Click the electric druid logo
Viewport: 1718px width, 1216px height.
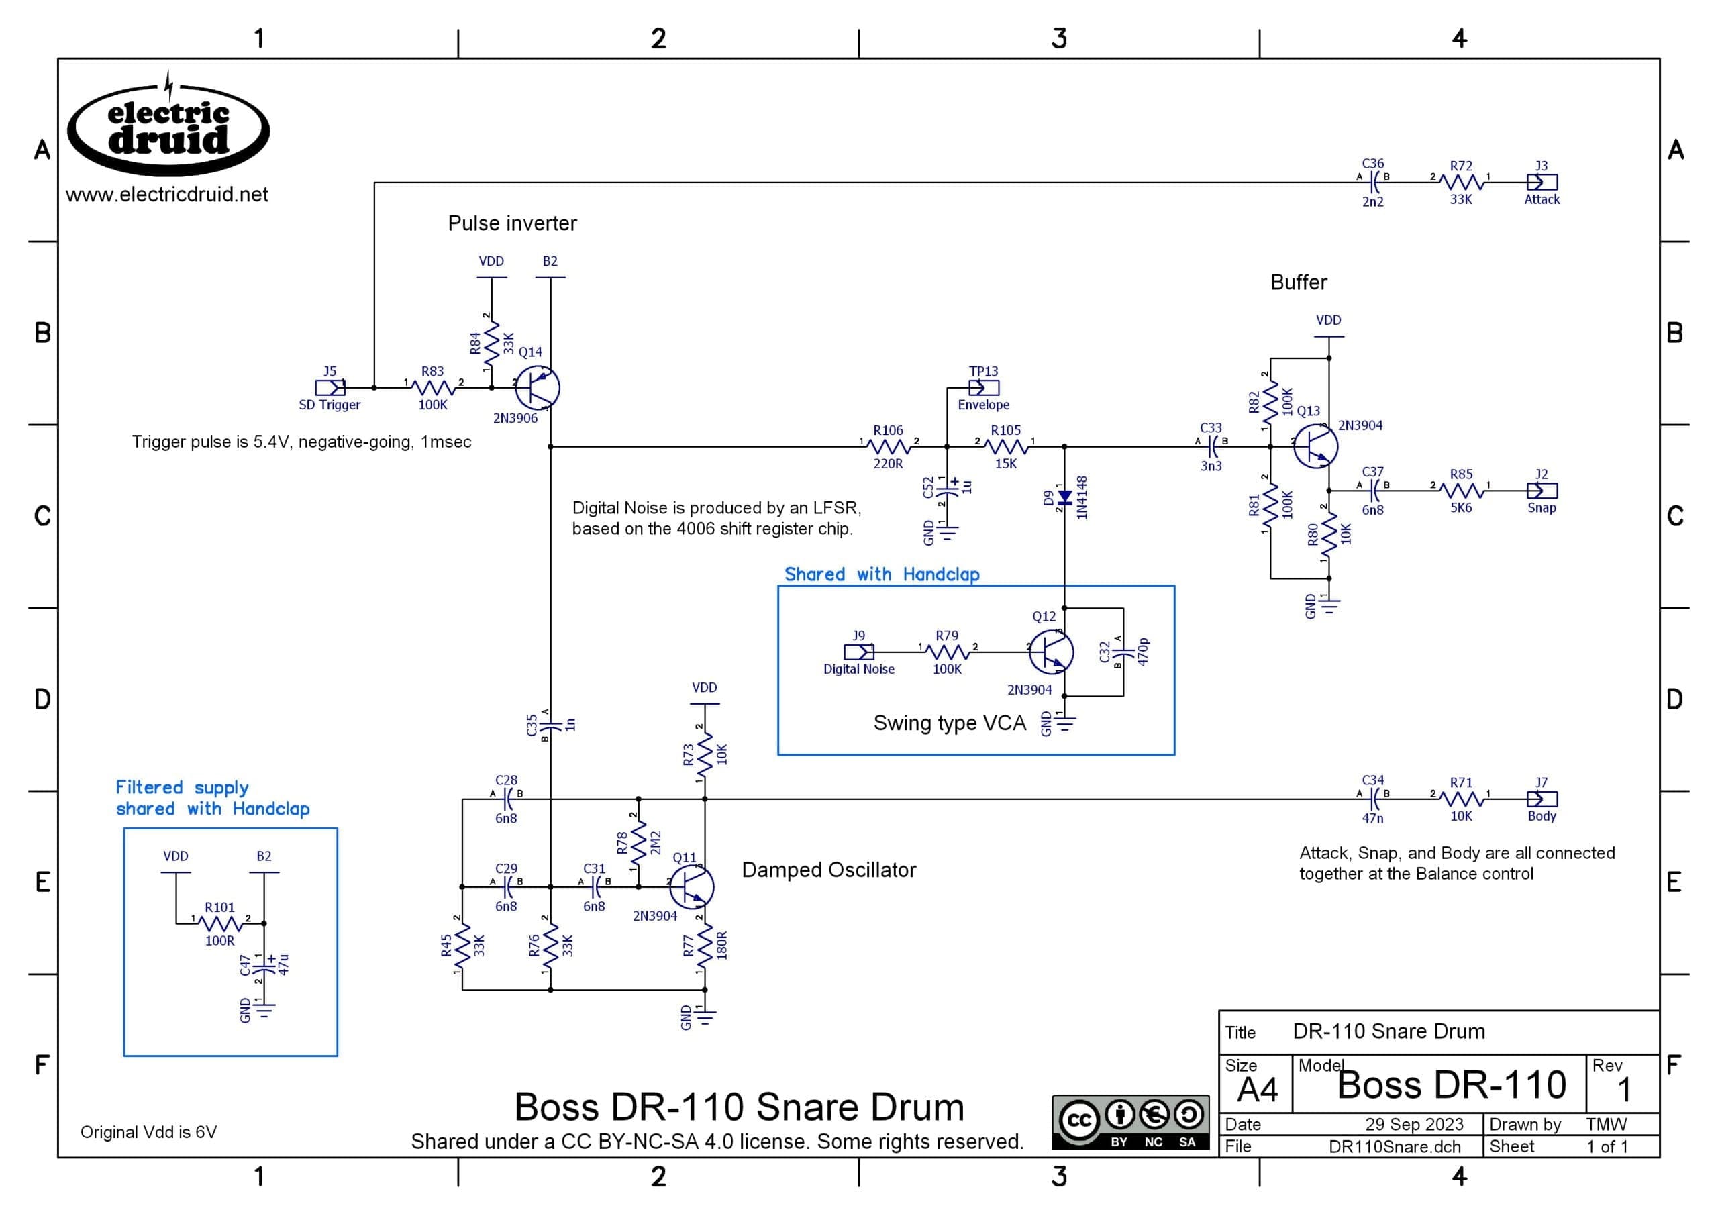(168, 128)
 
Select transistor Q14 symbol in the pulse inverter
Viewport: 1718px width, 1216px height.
(538, 388)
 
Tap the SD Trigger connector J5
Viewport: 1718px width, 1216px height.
(330, 388)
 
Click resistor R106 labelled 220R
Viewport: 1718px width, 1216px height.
(889, 447)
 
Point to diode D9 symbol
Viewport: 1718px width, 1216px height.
(1064, 497)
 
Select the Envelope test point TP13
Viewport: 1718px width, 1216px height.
(984, 388)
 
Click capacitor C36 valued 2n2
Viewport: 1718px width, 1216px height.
(1373, 182)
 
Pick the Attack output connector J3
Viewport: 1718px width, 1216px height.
(1542, 182)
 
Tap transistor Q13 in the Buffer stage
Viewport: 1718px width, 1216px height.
(1315, 446)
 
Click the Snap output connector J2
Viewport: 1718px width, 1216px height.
(1542, 491)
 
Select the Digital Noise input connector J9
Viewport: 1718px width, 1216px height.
(858, 652)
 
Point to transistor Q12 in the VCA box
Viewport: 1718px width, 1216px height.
(1051, 652)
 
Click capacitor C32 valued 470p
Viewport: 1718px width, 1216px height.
(1121, 652)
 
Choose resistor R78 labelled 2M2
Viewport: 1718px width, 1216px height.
(638, 843)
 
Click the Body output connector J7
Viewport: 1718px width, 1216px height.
(1542, 799)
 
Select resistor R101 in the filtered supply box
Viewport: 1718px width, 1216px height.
(220, 923)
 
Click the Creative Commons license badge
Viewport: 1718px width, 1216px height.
(1130, 1123)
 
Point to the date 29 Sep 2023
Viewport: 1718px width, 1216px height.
(1414, 1125)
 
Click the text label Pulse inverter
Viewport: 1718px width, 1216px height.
(513, 223)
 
